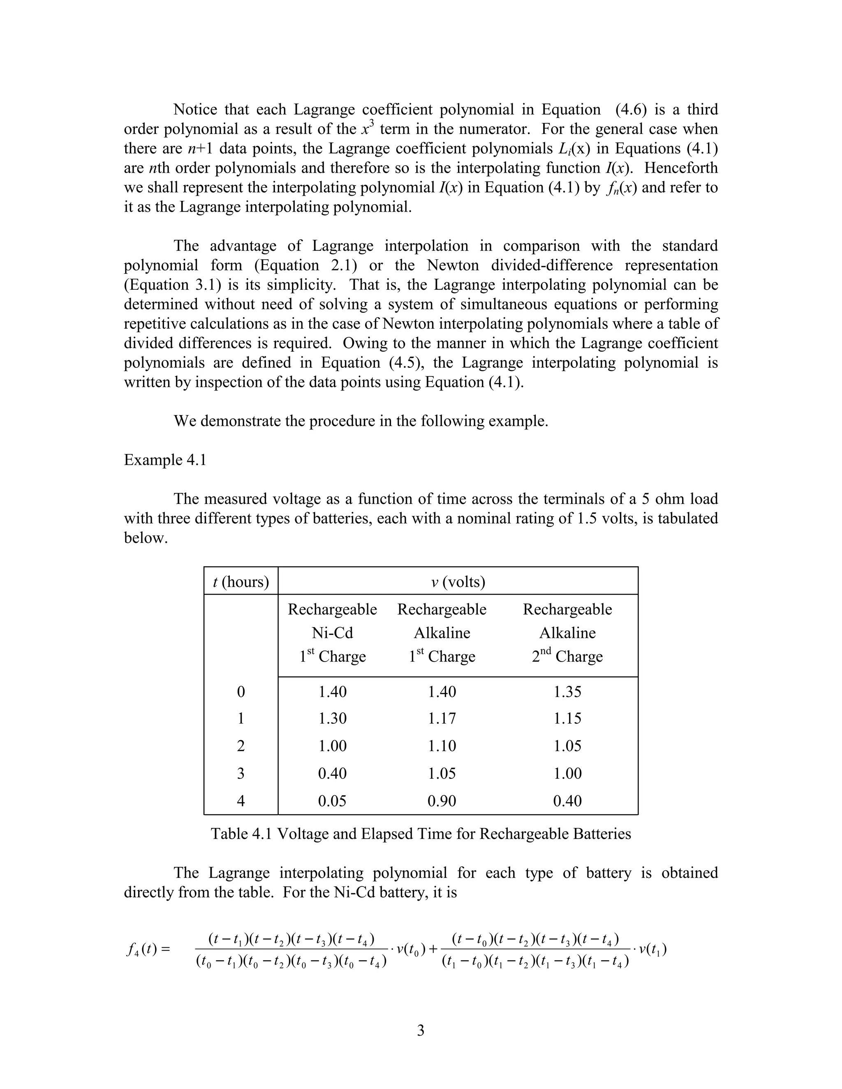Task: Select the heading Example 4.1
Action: pos(165,460)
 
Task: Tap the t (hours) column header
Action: pos(241,581)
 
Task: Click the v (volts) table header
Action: pos(458,581)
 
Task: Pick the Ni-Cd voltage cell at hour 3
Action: pos(332,773)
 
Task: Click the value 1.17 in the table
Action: pos(442,718)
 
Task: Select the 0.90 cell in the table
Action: pos(442,801)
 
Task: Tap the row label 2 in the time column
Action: pos(241,746)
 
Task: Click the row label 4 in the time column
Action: pos(241,801)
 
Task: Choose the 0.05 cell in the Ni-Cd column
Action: pos(332,801)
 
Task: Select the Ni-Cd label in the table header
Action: pos(332,633)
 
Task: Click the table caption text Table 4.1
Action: pos(241,834)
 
